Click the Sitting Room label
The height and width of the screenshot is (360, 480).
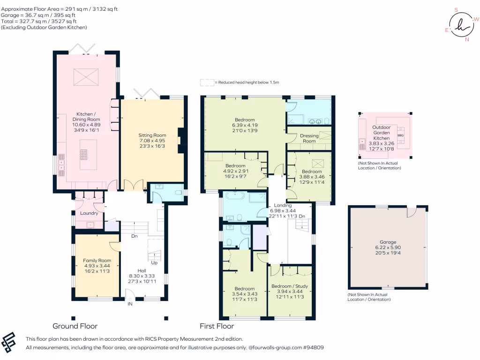pyautogui.click(x=152, y=135)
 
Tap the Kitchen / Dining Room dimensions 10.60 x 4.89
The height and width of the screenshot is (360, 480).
pyautogui.click(x=86, y=125)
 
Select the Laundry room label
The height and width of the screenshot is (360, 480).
pyautogui.click(x=89, y=213)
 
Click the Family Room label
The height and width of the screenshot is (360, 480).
pyautogui.click(x=97, y=261)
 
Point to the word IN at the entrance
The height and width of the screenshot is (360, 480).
pyautogui.click(x=130, y=304)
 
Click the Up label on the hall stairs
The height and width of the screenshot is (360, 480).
pyautogui.click(x=154, y=262)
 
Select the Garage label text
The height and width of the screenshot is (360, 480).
pyautogui.click(x=388, y=242)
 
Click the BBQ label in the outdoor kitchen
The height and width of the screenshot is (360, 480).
pyautogui.click(x=400, y=135)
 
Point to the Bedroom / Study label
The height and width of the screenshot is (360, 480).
pyautogui.click(x=290, y=286)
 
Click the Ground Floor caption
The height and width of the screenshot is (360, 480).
pyautogui.click(x=75, y=326)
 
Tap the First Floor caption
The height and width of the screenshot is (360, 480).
pyautogui.click(x=217, y=326)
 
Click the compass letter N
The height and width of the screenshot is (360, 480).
pyautogui.click(x=467, y=39)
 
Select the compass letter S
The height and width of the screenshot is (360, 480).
pyautogui.click(x=456, y=10)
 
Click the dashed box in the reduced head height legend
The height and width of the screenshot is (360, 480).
pyautogui.click(x=207, y=82)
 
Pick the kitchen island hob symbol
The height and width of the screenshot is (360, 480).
pyautogui.click(x=84, y=155)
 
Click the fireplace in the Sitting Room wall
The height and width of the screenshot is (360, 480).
pyautogui.click(x=181, y=141)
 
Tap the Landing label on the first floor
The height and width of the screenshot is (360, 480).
pyautogui.click(x=283, y=205)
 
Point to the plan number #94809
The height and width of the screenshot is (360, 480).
pyautogui.click(x=314, y=347)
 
